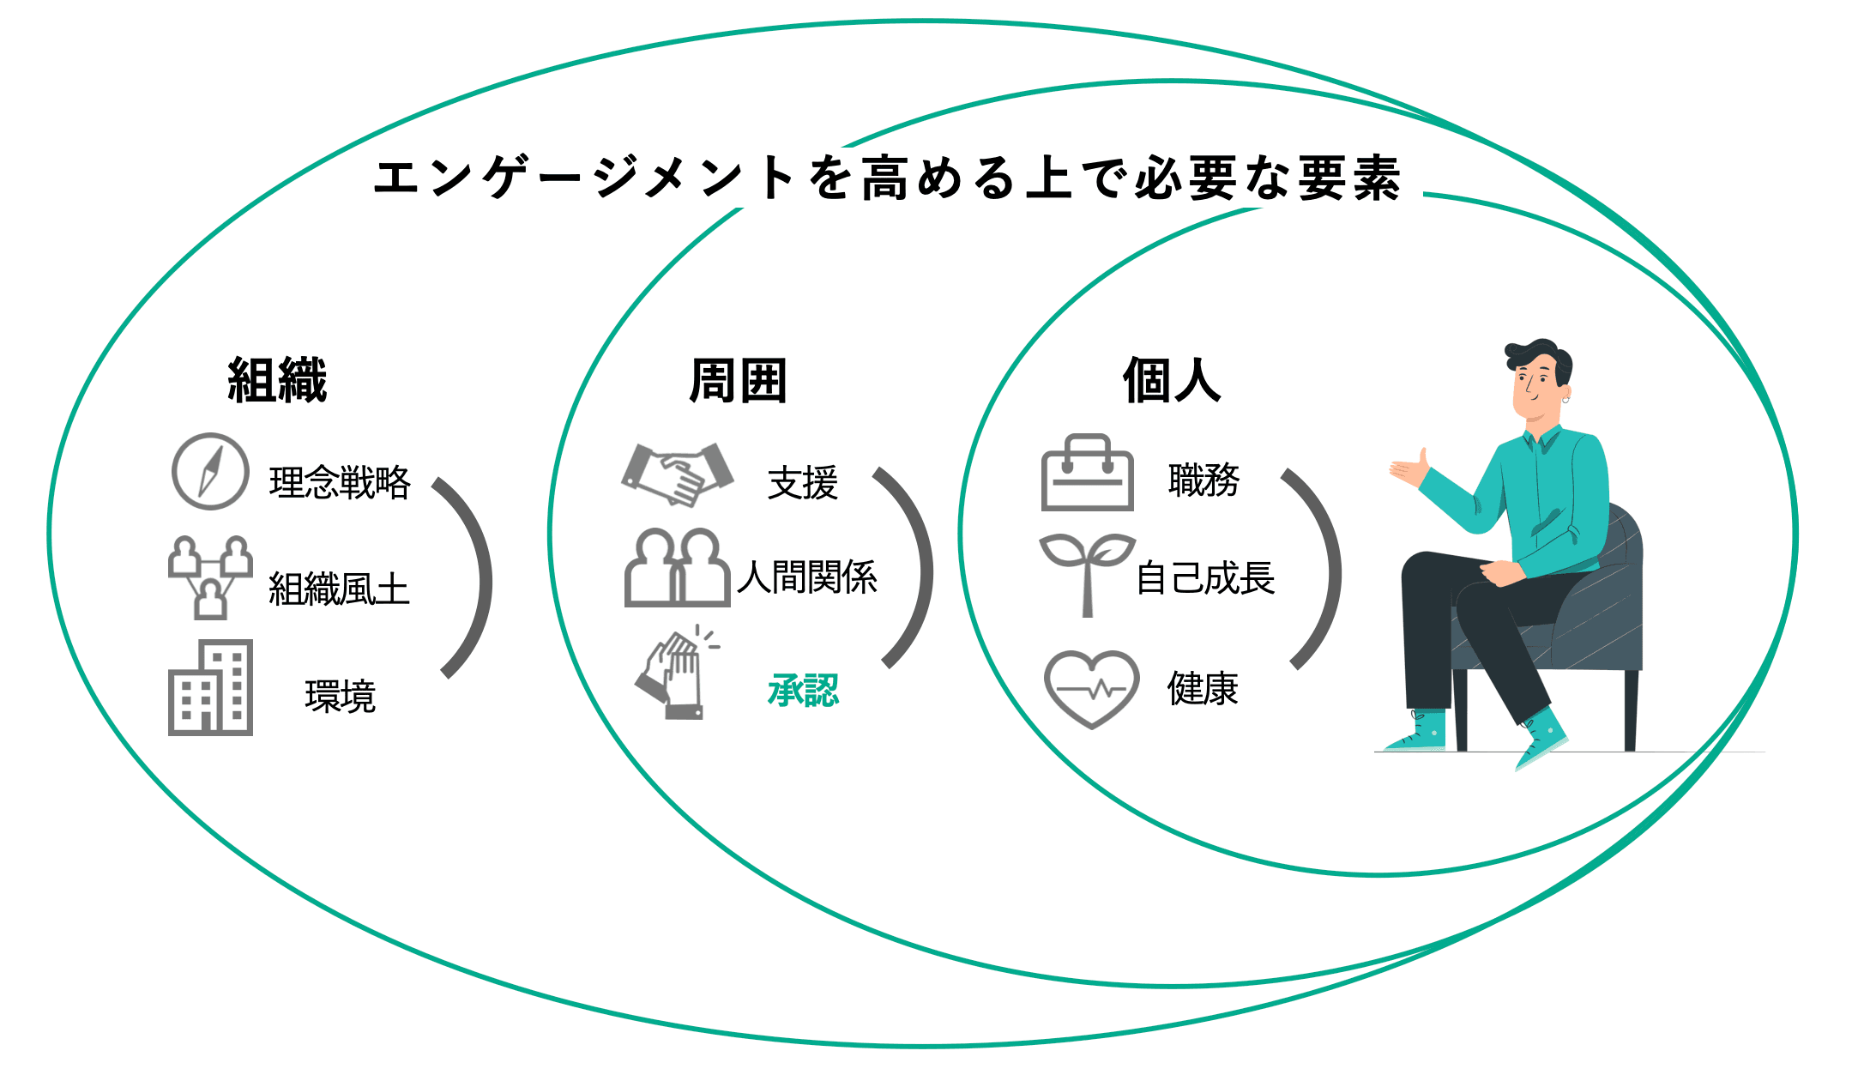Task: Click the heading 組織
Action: pyautogui.click(x=277, y=380)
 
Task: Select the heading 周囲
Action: pyautogui.click(x=738, y=380)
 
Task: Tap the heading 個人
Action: pyautogui.click(x=1172, y=380)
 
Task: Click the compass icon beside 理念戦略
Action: pyautogui.click(x=210, y=471)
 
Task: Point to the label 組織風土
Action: pyautogui.click(x=339, y=589)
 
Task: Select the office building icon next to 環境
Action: pyautogui.click(x=210, y=688)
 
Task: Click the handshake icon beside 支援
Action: pyautogui.click(x=678, y=474)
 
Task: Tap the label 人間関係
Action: pyautogui.click(x=807, y=577)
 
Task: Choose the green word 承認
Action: pyautogui.click(x=803, y=691)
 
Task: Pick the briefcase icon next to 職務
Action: pyautogui.click(x=1087, y=474)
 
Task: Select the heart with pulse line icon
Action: pyautogui.click(x=1091, y=688)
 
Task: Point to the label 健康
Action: pyautogui.click(x=1203, y=688)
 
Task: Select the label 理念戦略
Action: pyautogui.click(x=340, y=482)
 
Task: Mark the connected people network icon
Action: pyautogui.click(x=210, y=577)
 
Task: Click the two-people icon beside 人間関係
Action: pyautogui.click(x=678, y=569)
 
